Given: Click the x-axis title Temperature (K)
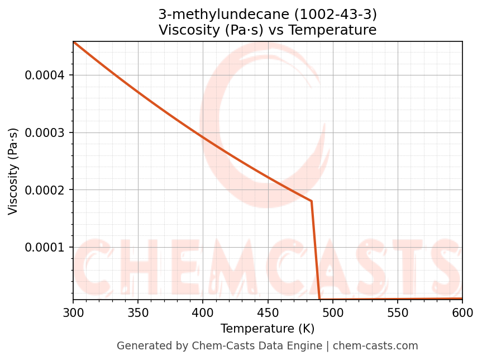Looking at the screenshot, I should pyautogui.click(x=268, y=329).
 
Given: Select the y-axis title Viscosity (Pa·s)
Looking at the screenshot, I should pyautogui.click(x=13, y=171).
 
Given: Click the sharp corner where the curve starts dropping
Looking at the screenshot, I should pyautogui.click(x=311, y=201).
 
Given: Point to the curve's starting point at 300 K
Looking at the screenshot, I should pyautogui.click(x=73, y=41).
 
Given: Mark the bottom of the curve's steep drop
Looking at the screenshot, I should pyautogui.click(x=319, y=299).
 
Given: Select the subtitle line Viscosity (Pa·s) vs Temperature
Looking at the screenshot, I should pyautogui.click(x=268, y=30).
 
